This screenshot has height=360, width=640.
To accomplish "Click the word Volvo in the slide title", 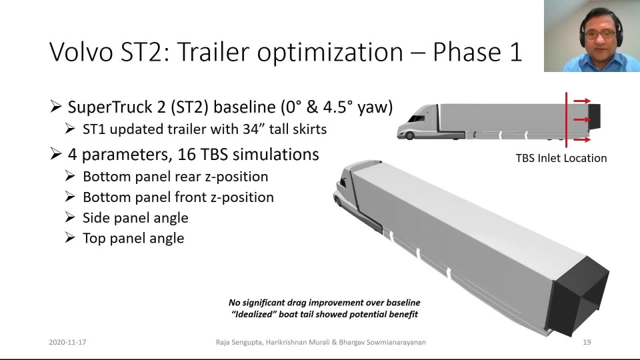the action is pos(81,52).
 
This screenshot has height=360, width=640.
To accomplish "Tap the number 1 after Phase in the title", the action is pos(515,52).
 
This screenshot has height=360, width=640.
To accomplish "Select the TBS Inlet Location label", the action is pos(561,159).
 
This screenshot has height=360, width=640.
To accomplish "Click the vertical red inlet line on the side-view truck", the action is pos(566,119).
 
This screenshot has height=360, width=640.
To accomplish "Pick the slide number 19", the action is pos(587,342).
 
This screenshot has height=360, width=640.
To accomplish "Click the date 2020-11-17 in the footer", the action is pos(67,342).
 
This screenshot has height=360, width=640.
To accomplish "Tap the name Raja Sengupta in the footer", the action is pos(239,342).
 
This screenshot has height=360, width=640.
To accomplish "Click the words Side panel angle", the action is pos(135,217).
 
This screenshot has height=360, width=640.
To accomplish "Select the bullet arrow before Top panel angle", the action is pos(70,237).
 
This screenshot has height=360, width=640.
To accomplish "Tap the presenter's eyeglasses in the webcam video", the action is pos(600,34).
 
